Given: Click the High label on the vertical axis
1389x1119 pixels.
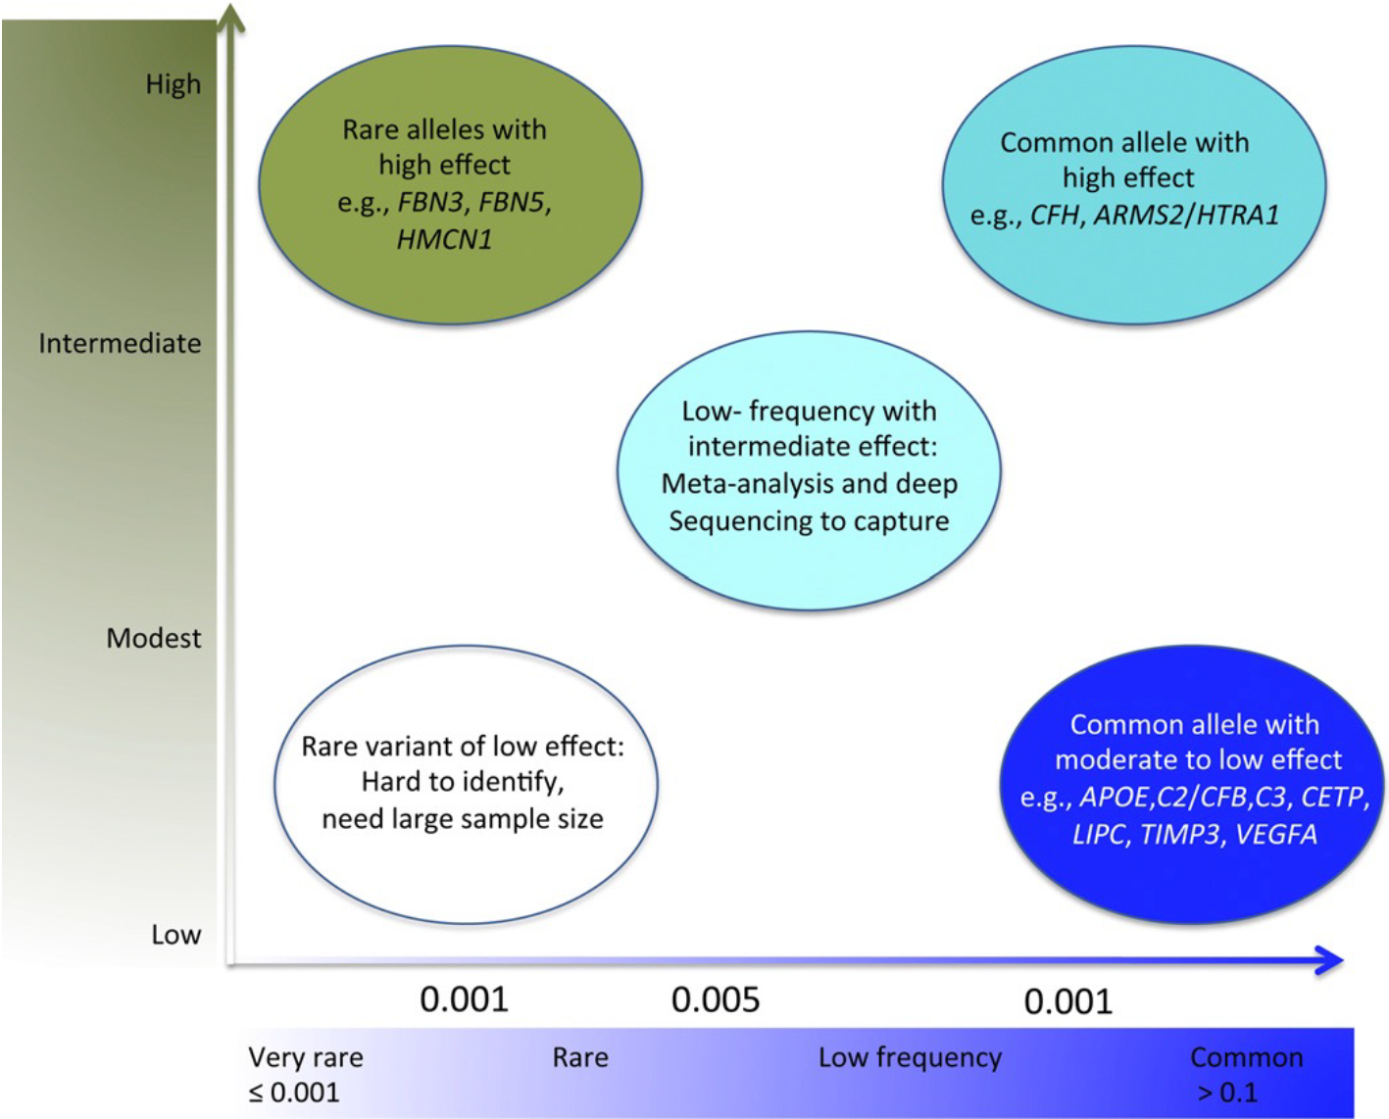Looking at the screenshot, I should (173, 84).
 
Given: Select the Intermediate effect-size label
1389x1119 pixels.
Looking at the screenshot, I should (120, 343).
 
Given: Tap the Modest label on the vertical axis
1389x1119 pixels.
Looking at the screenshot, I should (153, 638).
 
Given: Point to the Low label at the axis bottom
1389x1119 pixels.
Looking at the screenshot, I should (175, 935).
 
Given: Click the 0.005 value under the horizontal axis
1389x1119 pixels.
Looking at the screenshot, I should (715, 1000).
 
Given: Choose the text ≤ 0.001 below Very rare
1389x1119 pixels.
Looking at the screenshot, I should (293, 1093).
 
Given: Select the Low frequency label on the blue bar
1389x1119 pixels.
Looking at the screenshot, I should (910, 1057).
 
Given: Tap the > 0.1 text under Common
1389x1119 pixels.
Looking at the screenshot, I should (1227, 1093).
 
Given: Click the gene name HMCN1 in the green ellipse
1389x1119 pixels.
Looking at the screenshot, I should (444, 239).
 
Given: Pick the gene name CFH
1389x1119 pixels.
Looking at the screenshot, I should (1055, 215).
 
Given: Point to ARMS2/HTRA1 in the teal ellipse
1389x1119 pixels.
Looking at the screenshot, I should (1186, 215).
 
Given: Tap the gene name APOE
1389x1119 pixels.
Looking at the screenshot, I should (1113, 797).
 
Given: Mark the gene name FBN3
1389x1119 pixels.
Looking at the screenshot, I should (430, 202).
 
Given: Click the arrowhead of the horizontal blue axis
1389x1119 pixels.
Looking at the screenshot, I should (1330, 960).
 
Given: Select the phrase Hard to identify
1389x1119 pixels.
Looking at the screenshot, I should (462, 782).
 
